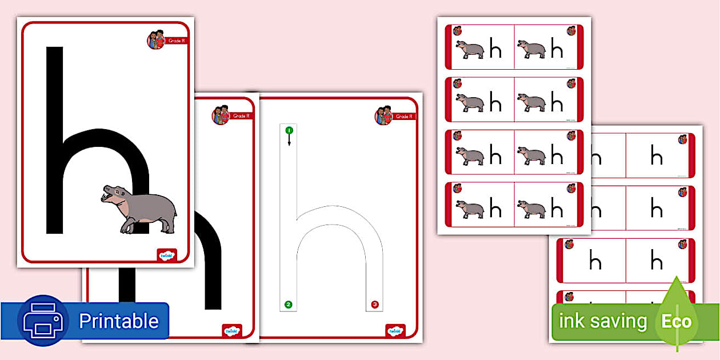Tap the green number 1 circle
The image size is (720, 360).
(289, 131)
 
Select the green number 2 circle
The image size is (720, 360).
(289, 305)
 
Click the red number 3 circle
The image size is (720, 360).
(374, 305)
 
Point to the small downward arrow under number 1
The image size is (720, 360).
(289, 141)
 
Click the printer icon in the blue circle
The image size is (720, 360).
(43, 321)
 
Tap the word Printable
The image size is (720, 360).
(118, 321)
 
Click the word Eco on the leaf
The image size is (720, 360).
(677, 321)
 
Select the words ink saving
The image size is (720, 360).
(602, 321)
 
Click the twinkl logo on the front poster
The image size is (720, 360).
(167, 255)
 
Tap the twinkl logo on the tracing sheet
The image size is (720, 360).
(395, 331)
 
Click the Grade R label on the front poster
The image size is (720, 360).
(176, 41)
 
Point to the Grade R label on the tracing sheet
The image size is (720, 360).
(404, 117)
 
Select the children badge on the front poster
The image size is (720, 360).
(156, 39)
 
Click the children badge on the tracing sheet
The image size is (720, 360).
(383, 115)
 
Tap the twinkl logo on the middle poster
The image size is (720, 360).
(231, 331)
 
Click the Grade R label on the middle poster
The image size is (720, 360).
(241, 116)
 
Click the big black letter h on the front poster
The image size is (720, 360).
(55, 143)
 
